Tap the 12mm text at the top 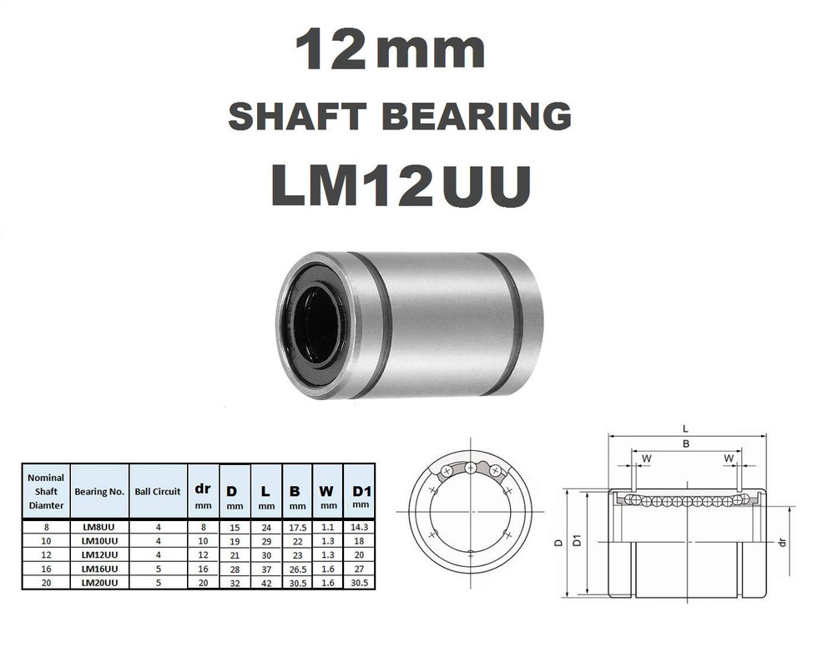(389, 51)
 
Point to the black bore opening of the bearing (316, 326)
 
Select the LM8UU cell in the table (99, 527)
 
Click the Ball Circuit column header (158, 491)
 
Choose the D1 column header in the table (361, 491)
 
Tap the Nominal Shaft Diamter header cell (46, 491)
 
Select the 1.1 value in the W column (328, 527)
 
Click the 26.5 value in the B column (296, 569)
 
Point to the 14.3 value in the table (361, 527)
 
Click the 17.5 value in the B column (296, 527)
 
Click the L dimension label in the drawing (685, 428)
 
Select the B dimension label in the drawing (686, 444)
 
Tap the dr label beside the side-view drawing (782, 542)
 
